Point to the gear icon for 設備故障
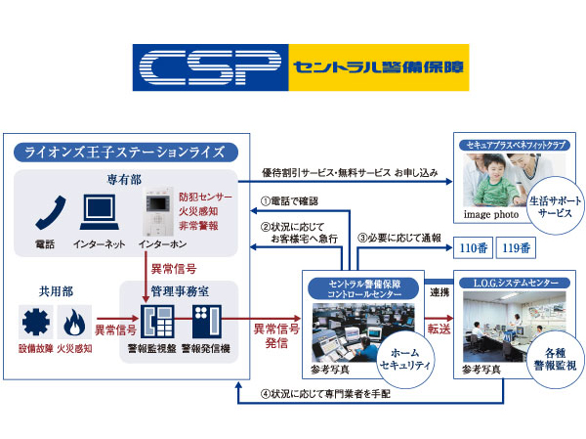click(x=36, y=321)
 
